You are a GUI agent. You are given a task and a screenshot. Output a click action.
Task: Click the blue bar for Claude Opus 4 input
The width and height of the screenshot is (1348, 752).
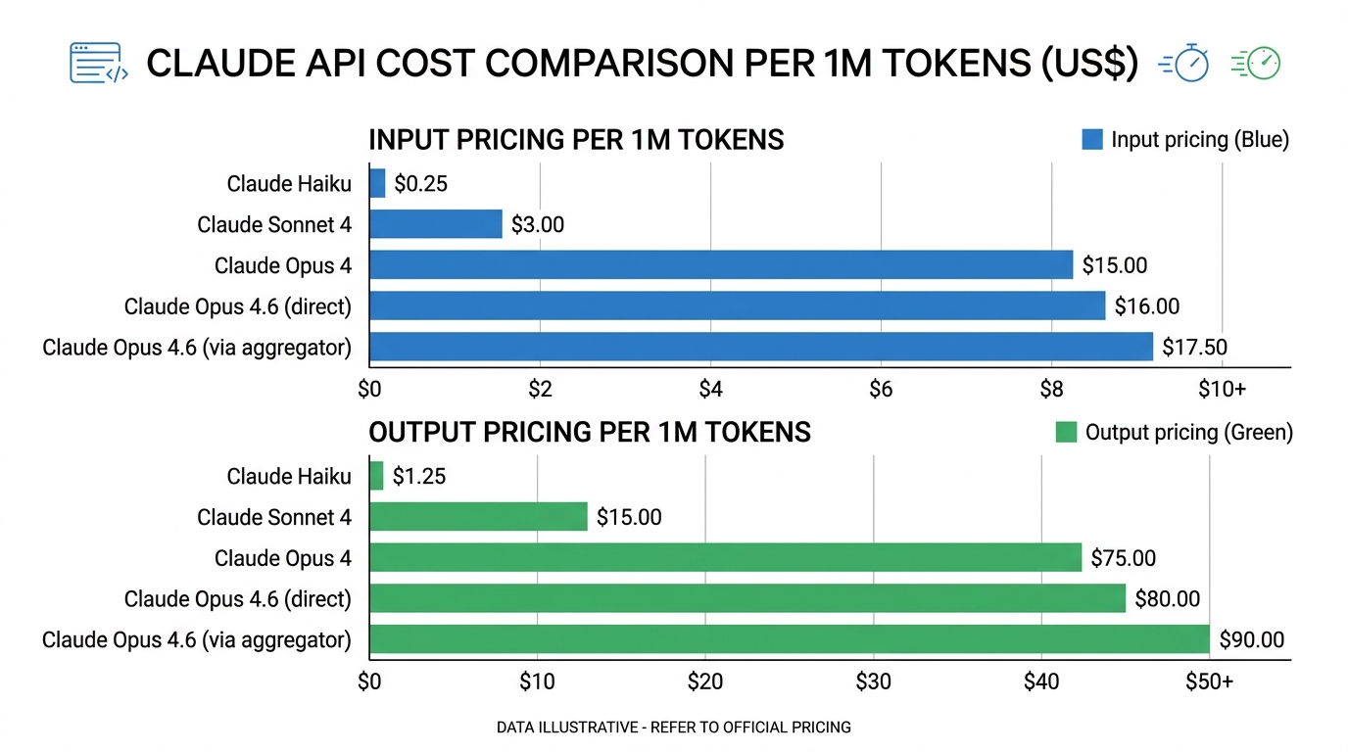720,265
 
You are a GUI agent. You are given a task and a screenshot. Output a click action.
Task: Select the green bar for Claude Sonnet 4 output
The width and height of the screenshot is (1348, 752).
478,517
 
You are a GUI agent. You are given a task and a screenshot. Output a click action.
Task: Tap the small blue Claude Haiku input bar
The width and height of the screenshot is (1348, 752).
377,183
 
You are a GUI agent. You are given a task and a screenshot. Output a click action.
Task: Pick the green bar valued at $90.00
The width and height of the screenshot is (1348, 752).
789,640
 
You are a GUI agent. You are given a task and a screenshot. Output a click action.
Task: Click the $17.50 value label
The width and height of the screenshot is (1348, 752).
1194,348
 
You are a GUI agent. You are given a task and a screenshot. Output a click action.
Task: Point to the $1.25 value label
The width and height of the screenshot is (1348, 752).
419,477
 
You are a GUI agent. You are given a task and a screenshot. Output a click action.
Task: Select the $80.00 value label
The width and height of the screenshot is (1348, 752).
1167,599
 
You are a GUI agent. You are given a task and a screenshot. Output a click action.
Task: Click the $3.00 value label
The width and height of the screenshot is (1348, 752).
538,225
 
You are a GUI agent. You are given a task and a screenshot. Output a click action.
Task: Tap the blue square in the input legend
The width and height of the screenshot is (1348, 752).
1091,140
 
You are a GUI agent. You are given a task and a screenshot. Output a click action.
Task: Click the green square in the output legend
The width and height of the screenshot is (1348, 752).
1066,433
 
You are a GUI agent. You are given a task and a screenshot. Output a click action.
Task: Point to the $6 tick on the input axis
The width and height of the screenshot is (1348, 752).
881,390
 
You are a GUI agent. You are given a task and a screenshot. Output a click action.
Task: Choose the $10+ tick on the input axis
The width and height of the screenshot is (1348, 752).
1221,390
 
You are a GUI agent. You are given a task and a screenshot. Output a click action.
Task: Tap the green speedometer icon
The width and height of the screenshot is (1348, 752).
1257,63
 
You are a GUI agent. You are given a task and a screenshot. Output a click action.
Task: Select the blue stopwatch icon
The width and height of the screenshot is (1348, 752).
1184,63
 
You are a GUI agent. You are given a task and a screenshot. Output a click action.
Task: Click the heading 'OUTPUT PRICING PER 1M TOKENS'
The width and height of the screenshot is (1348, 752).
589,433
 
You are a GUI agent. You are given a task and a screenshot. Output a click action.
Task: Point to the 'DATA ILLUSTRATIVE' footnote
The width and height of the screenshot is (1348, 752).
673,728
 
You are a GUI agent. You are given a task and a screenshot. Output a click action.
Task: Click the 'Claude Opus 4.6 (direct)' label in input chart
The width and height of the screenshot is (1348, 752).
237,307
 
